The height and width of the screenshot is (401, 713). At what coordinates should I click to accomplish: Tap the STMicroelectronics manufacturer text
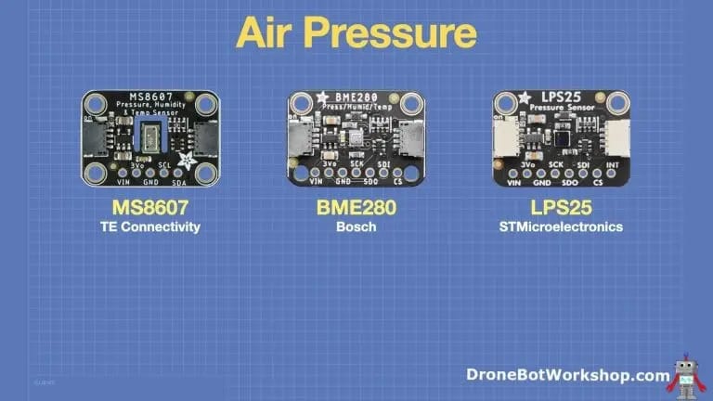pos(559,226)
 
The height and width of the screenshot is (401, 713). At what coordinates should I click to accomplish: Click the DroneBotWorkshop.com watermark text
pos(567,376)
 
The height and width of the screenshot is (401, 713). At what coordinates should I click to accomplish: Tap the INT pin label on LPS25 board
pos(613,165)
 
